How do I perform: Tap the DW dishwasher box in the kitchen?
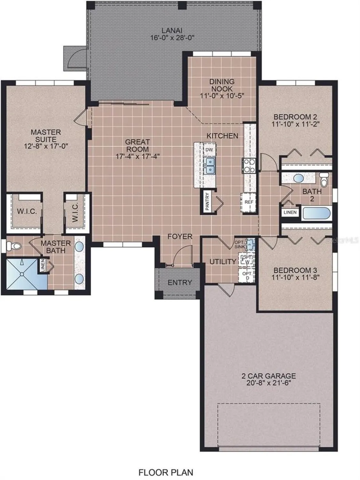[209, 150]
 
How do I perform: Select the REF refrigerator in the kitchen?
[249, 202]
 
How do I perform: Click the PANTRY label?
[207, 201]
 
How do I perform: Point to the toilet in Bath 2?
[324, 180]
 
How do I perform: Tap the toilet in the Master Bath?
[14, 246]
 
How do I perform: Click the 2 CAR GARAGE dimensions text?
[268, 383]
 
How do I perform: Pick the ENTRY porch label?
[180, 283]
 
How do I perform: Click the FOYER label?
[180, 236]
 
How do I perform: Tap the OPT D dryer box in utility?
[247, 276]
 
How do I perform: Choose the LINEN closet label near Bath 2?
[290, 212]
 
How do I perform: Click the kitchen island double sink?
[210, 165]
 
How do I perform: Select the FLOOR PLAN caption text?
[165, 472]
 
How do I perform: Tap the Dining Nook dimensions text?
[222, 96]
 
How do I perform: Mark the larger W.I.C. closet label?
[27, 212]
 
